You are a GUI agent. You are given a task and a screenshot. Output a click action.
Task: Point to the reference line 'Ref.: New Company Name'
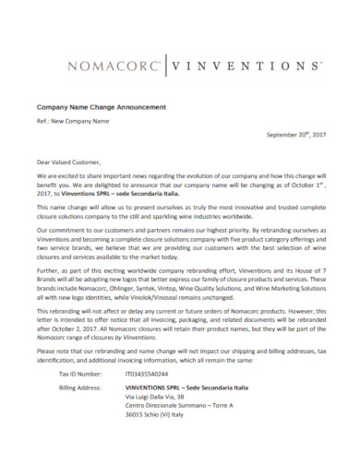pos(72,121)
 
